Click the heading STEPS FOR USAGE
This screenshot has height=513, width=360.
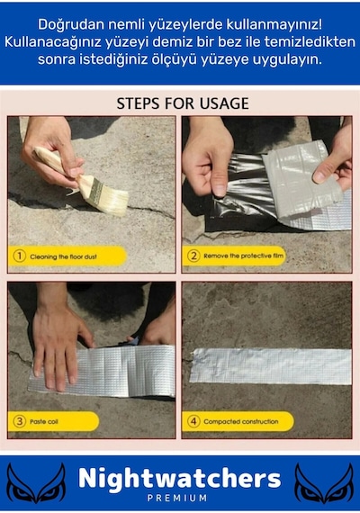(183, 103)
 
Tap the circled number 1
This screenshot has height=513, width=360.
(19, 256)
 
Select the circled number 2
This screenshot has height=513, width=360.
(193, 256)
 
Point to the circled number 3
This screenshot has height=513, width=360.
(19, 421)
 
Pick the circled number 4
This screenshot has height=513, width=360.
(193, 421)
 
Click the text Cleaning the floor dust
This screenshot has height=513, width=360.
(64, 256)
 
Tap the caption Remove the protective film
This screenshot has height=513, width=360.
(244, 256)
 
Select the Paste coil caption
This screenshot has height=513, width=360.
(44, 421)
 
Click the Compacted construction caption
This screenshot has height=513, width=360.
(241, 421)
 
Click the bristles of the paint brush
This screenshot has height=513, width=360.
(112, 201)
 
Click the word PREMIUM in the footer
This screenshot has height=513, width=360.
(177, 499)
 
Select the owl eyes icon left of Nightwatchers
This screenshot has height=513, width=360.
(36, 483)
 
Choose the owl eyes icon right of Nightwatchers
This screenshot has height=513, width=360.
(324, 483)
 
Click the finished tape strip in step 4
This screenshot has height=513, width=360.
(271, 366)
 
